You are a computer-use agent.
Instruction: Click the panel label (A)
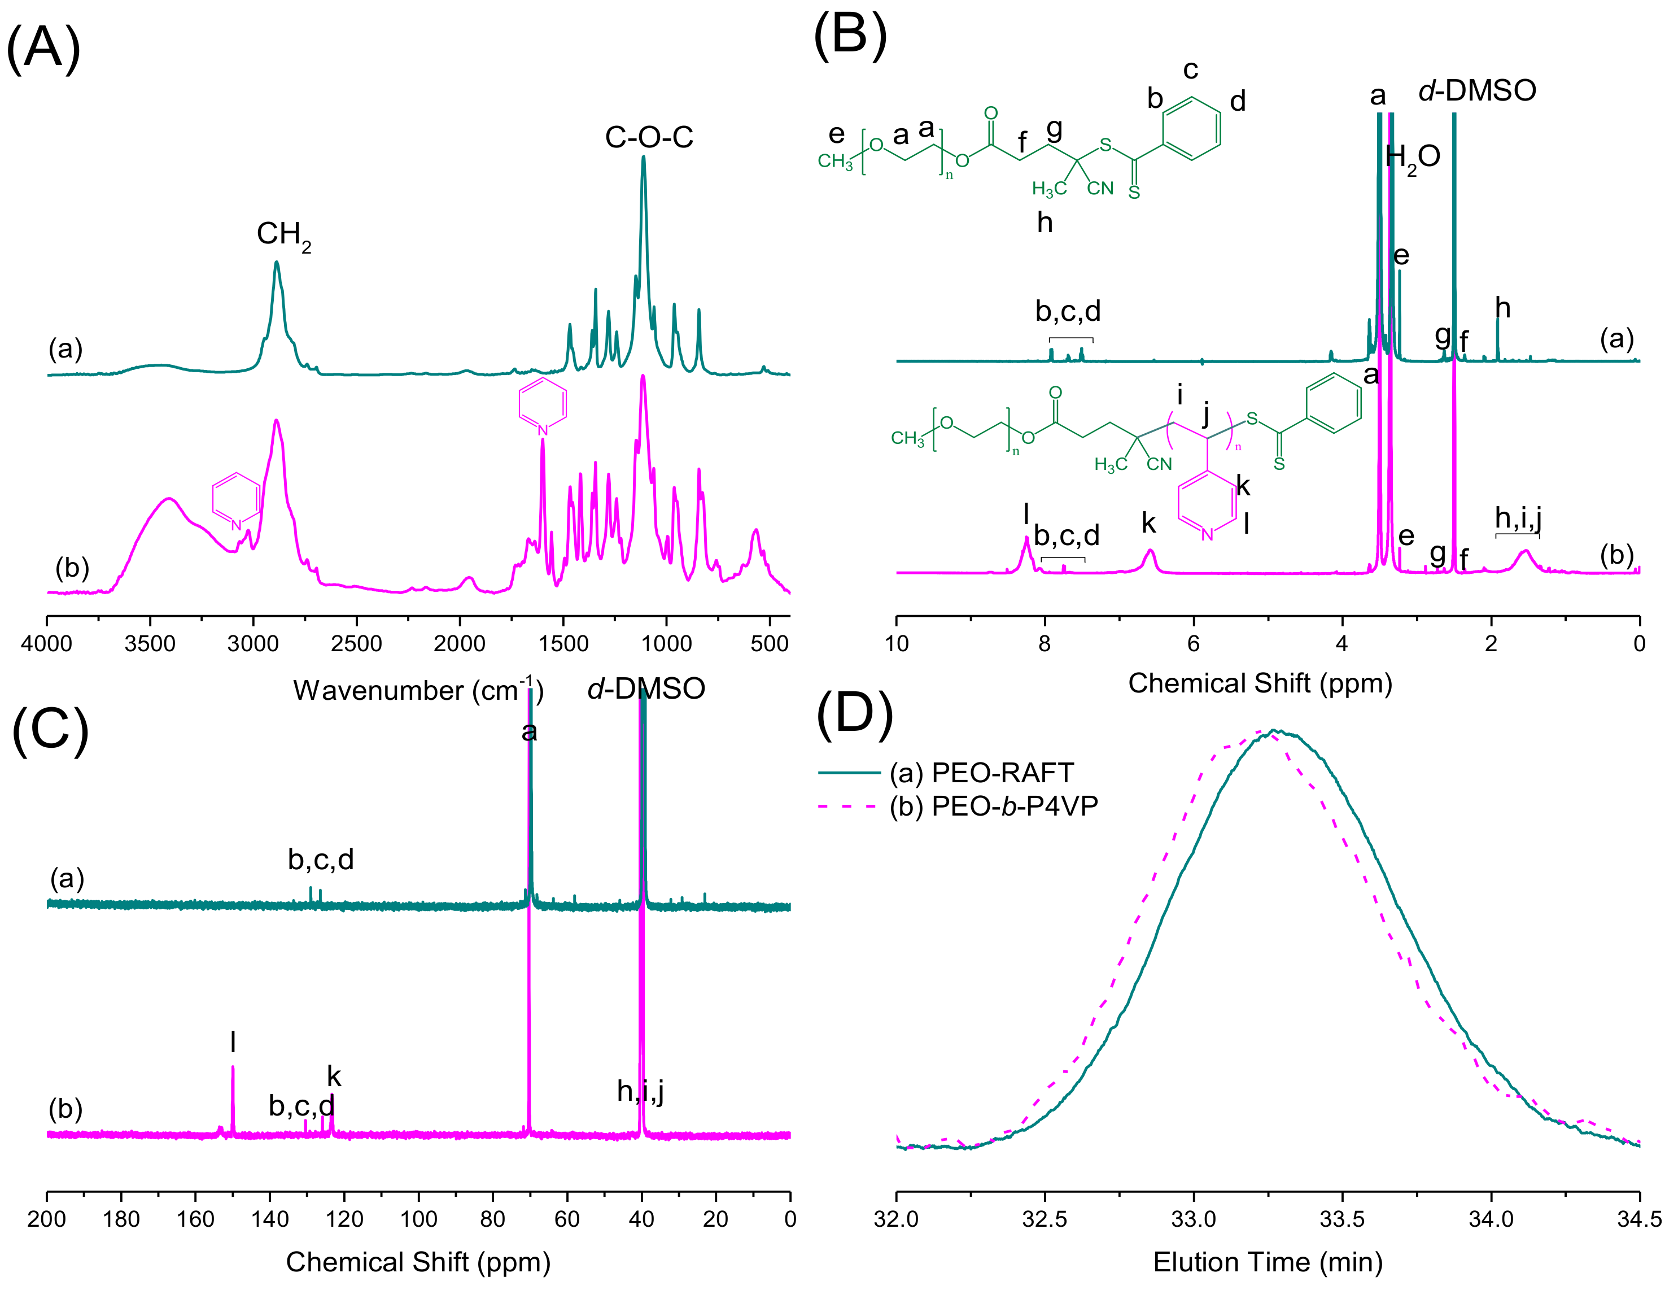coord(43,47)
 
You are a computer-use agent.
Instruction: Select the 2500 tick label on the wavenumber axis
coord(356,643)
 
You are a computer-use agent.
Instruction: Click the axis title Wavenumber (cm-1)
coord(418,690)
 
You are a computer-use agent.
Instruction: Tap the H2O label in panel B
coord(1413,158)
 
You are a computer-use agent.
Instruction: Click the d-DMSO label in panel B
coord(1477,90)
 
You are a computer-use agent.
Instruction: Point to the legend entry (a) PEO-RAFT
coord(981,773)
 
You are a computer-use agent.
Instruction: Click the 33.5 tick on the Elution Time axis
coord(1342,1219)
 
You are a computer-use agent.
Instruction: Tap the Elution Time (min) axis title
coord(1268,1262)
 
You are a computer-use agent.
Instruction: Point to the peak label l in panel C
coord(233,1042)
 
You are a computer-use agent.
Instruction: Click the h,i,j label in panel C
coord(640,1091)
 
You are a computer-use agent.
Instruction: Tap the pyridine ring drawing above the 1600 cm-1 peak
coord(543,404)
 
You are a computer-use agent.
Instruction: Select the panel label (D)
coord(854,714)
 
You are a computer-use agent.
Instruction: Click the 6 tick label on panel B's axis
coord(1193,643)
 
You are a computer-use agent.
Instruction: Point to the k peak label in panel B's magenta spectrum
coord(1148,523)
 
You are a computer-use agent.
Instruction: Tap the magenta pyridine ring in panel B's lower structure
coord(1206,505)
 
